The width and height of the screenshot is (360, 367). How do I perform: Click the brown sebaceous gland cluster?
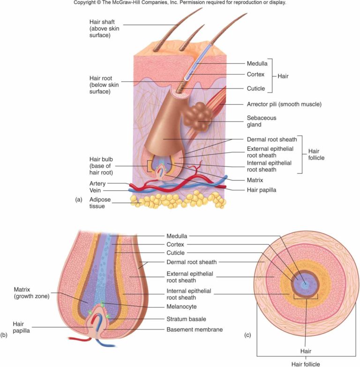point(198,117)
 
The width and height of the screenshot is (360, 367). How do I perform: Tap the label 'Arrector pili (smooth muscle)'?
point(284,104)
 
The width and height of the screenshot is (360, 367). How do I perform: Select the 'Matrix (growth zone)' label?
point(31,293)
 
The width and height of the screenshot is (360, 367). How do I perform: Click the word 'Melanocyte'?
point(181,306)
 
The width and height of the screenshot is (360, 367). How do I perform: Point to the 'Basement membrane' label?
point(195,329)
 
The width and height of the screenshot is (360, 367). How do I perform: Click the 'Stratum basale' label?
point(186,319)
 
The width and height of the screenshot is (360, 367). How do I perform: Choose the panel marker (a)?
point(79,199)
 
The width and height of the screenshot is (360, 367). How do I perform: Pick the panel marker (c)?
point(247,335)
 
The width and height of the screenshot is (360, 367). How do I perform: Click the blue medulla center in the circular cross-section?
point(305,285)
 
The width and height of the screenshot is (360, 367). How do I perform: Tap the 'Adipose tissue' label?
point(100,203)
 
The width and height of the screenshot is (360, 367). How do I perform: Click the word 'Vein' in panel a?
point(95,190)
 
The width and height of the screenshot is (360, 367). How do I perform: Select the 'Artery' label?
point(97,183)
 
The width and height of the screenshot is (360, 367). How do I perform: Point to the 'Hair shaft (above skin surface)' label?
point(104,29)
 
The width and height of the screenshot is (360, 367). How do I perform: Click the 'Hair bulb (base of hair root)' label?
point(101,166)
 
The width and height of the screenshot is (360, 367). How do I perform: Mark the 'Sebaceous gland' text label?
point(262,121)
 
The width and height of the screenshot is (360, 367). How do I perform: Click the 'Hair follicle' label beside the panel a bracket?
point(316,154)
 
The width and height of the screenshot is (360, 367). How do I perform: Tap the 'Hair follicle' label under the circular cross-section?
point(306,364)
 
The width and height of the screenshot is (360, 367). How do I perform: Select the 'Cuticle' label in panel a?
point(256,89)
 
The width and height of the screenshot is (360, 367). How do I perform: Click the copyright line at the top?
point(180,2)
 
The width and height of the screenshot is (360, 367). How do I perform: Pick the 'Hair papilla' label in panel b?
point(21,327)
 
